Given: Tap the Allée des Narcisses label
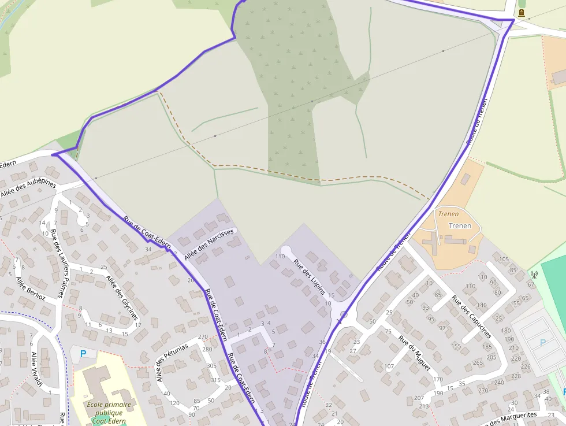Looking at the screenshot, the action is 209,245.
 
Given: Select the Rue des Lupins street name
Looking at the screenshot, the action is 308,276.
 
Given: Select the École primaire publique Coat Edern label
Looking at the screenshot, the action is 109,413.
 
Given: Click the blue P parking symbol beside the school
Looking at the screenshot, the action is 83,353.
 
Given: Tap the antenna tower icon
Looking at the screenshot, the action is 534,275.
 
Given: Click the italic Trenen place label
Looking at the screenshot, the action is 448,214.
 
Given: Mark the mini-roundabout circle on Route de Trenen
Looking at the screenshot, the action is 344,315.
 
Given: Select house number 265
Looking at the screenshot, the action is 478,362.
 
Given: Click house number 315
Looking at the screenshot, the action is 215,380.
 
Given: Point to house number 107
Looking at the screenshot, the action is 389,366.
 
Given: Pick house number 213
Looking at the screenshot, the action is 425,406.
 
